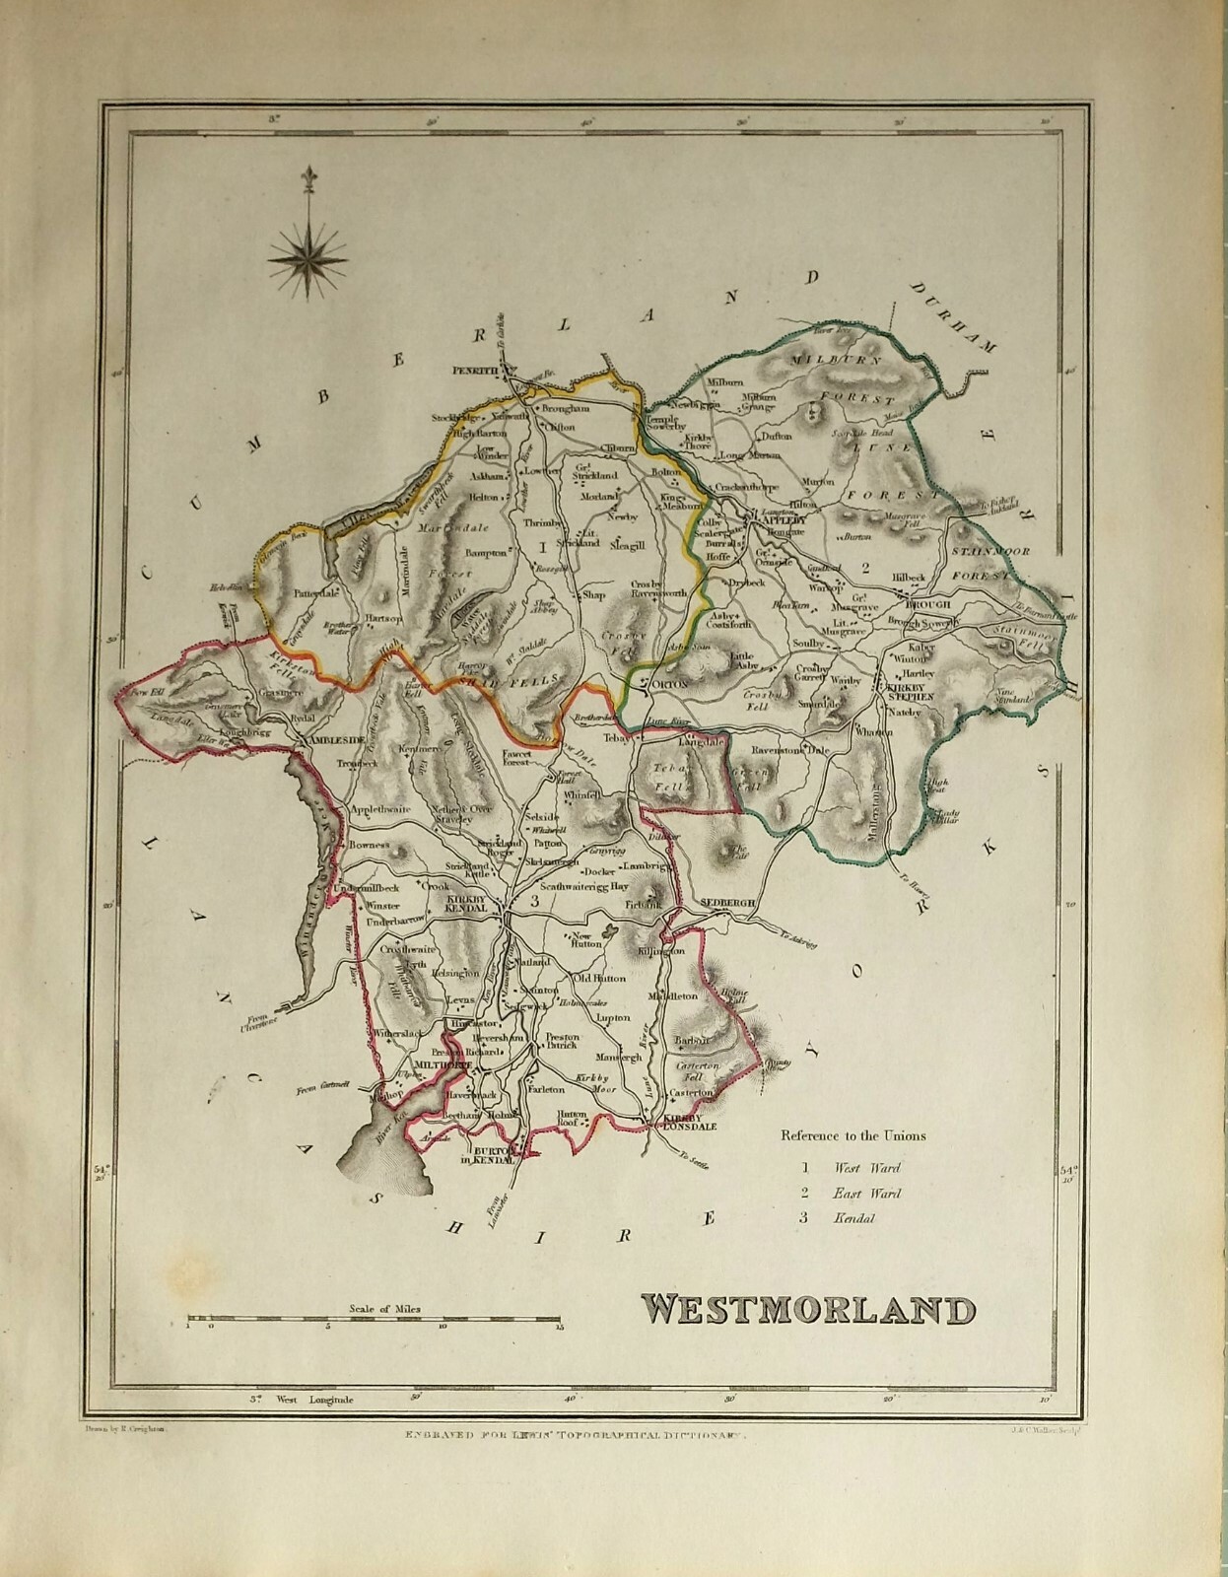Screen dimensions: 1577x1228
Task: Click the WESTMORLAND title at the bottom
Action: click(809, 1310)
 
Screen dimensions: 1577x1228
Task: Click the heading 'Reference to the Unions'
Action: click(853, 1135)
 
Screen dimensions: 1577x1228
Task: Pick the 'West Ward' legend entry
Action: click(867, 1168)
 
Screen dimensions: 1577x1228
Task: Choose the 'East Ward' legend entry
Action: click(867, 1194)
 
